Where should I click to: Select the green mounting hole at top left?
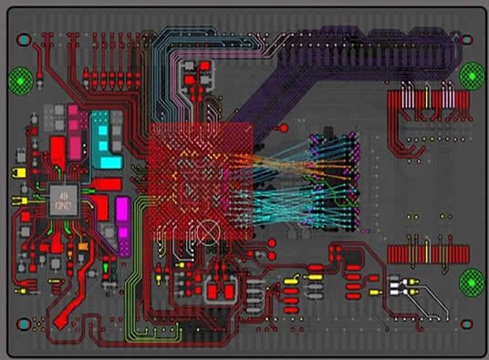coord(20,80)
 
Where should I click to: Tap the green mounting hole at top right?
coord(472,75)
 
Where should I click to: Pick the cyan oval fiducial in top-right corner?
coord(467,40)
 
